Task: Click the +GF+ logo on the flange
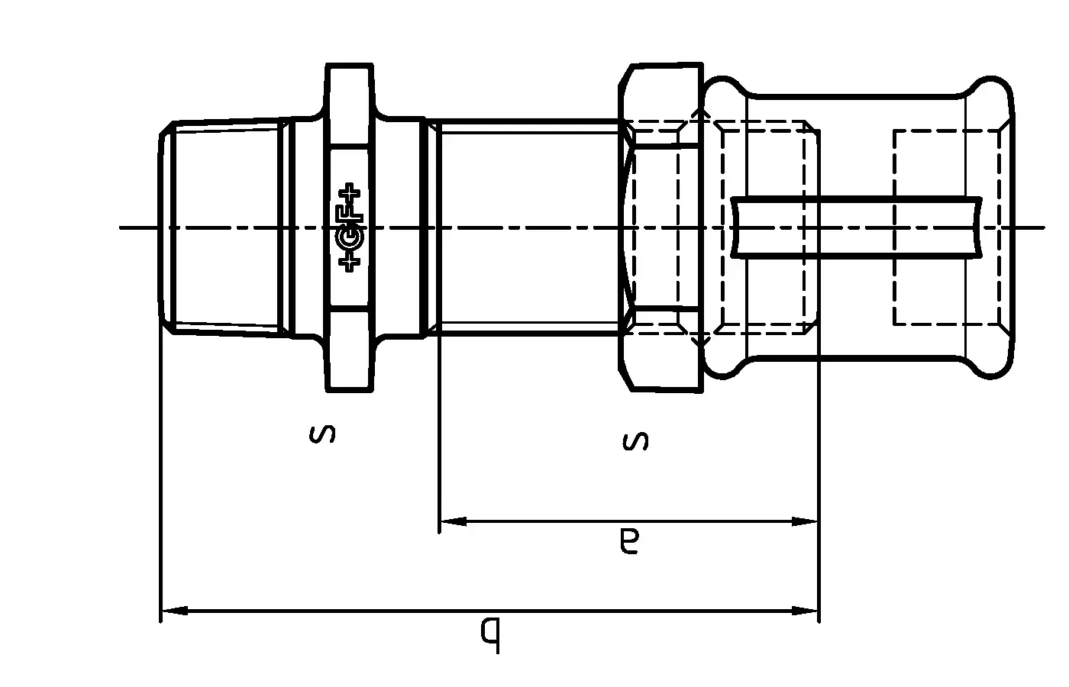[x=350, y=227]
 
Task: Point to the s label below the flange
[x=322, y=435]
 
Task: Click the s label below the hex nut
[x=636, y=440]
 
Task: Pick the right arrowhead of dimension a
[x=805, y=522]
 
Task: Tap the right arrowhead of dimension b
[x=805, y=611]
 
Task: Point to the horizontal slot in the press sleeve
[x=855, y=227]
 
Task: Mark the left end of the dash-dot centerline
[x=122, y=227]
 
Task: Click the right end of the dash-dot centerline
[x=1042, y=227]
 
